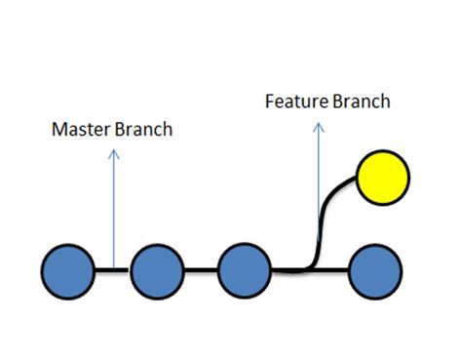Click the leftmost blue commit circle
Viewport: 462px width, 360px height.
click(69, 270)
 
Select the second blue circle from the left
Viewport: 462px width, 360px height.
click(158, 270)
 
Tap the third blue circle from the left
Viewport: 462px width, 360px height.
click(245, 270)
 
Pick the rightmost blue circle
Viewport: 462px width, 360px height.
click(375, 270)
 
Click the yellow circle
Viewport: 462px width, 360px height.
click(383, 178)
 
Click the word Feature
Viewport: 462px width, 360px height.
click(294, 101)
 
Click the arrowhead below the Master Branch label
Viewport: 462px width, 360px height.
click(114, 153)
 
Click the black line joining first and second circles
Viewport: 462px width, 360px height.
click(113, 270)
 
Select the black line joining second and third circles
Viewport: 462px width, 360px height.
click(201, 270)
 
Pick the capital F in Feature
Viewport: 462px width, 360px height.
click(270, 101)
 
